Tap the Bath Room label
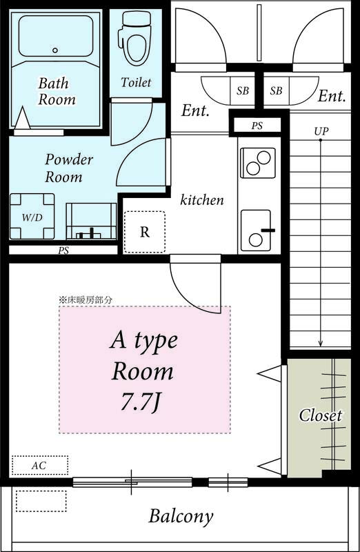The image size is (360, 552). (x=57, y=91)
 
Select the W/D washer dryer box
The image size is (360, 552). (x=32, y=217)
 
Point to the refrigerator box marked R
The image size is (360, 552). (x=144, y=232)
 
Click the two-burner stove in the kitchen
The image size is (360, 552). (x=257, y=163)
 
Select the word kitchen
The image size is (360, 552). (x=202, y=200)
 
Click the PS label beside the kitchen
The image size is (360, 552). (x=256, y=126)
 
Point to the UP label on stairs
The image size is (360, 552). (x=321, y=130)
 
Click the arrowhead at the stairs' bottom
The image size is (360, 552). (x=321, y=345)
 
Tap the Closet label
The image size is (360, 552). (x=320, y=415)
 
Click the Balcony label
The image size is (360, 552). (x=181, y=516)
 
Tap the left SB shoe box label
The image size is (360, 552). (x=243, y=90)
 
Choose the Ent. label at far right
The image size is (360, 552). (x=331, y=97)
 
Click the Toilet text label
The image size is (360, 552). (x=136, y=82)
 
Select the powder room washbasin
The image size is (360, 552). (x=90, y=221)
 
